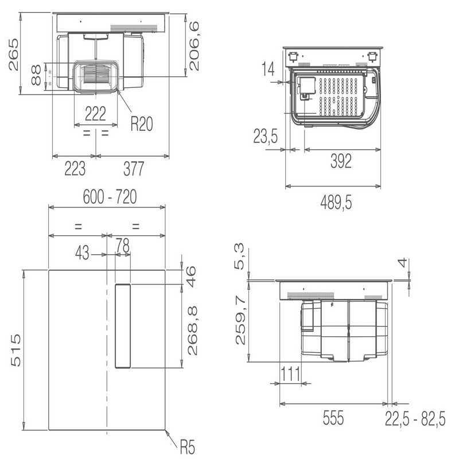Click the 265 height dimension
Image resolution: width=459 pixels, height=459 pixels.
click(13, 55)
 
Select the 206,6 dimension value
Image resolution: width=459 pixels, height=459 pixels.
click(194, 46)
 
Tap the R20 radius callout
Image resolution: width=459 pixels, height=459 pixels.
click(142, 124)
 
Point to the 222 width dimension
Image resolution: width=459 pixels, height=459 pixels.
click(95, 114)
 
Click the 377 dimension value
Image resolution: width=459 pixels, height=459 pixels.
click(134, 169)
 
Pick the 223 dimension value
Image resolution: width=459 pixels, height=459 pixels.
click(75, 169)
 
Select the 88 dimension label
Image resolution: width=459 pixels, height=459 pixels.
click(36, 75)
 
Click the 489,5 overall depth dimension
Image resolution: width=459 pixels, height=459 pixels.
click(336, 203)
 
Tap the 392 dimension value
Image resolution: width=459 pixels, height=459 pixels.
click(341, 161)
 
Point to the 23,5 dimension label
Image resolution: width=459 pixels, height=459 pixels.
click(266, 137)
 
